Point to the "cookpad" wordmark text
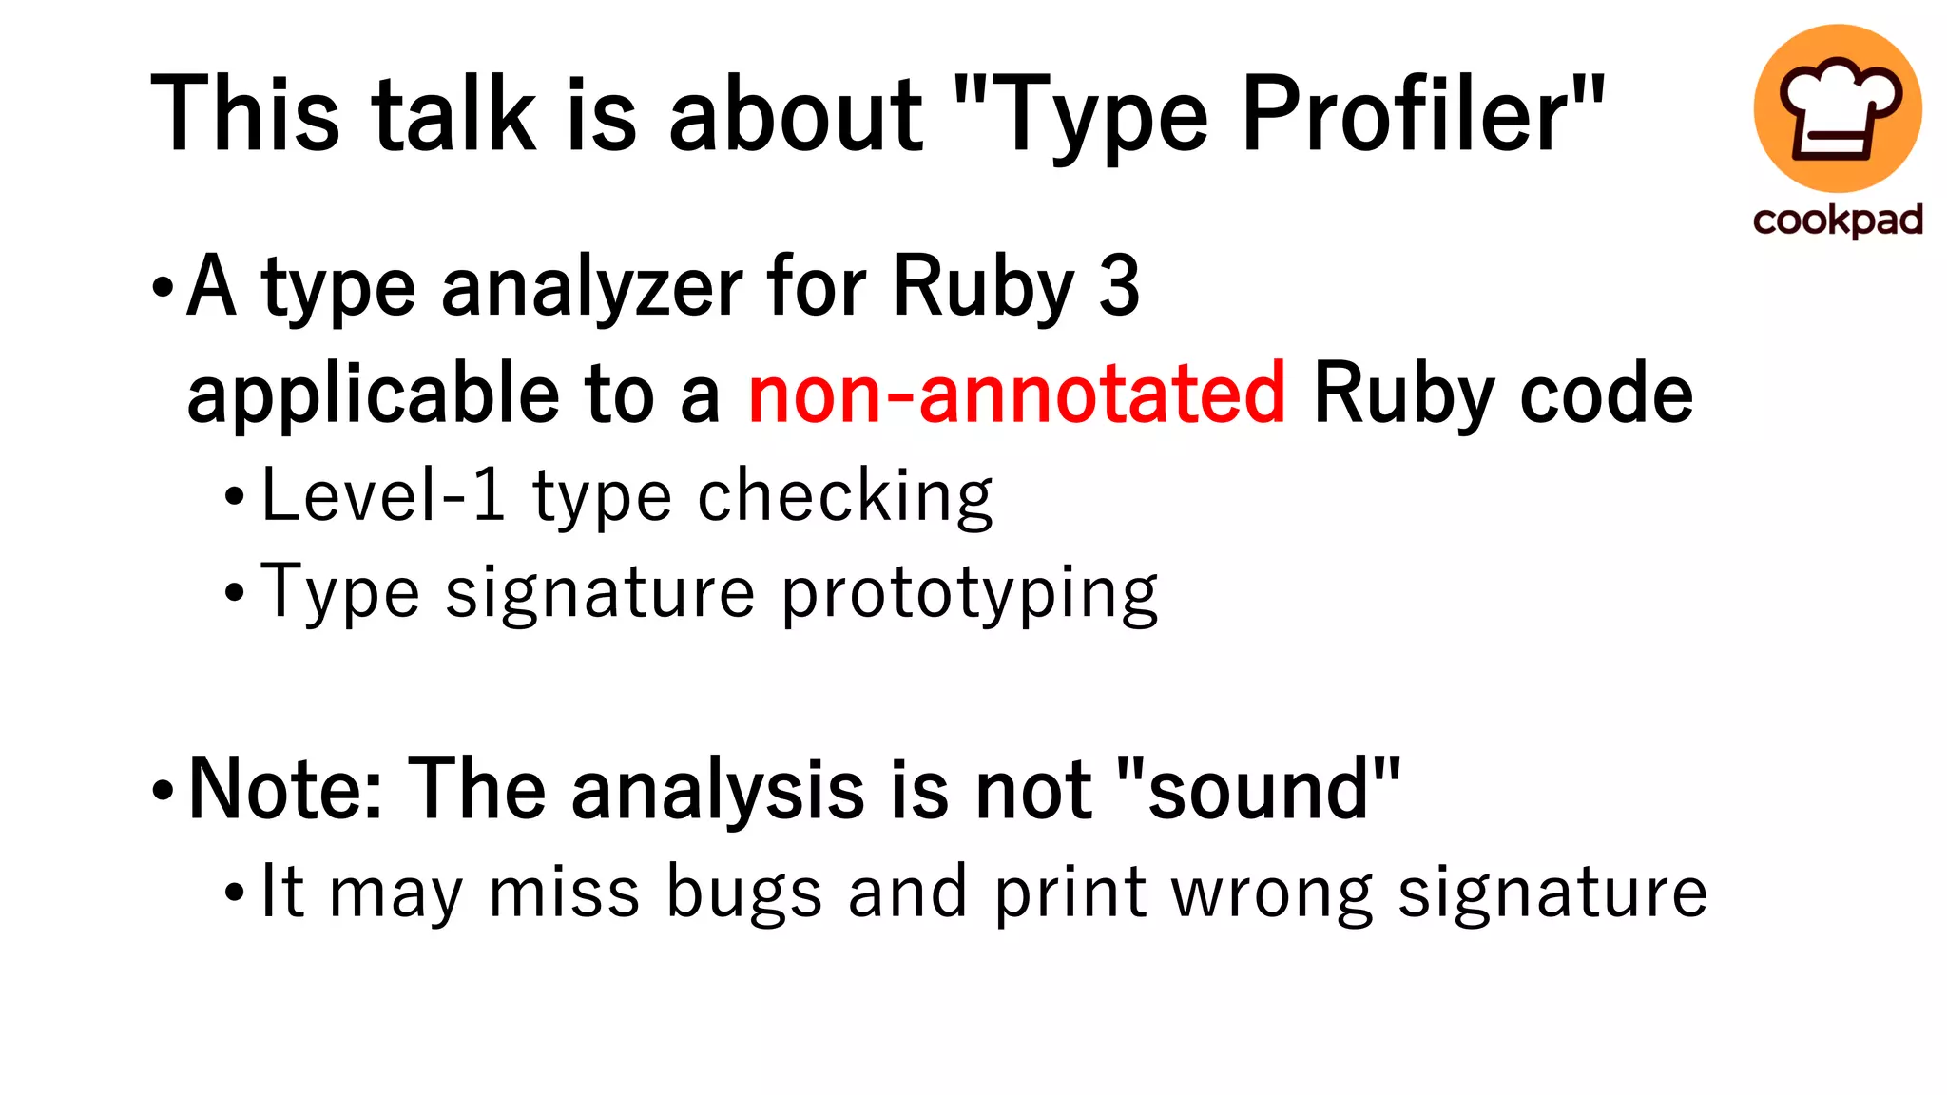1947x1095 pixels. (x=1838, y=221)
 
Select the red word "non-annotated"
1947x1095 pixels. (x=1016, y=394)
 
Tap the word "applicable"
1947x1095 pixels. (x=374, y=395)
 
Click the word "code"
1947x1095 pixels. (x=1606, y=394)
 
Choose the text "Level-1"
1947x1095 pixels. (x=383, y=495)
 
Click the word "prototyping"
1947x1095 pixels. (x=970, y=595)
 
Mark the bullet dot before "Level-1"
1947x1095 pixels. (x=235, y=496)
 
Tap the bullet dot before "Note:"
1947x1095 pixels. (x=163, y=790)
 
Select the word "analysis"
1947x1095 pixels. (x=718, y=790)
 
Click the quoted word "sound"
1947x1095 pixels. (x=1258, y=790)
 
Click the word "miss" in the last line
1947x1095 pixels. (x=564, y=893)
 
